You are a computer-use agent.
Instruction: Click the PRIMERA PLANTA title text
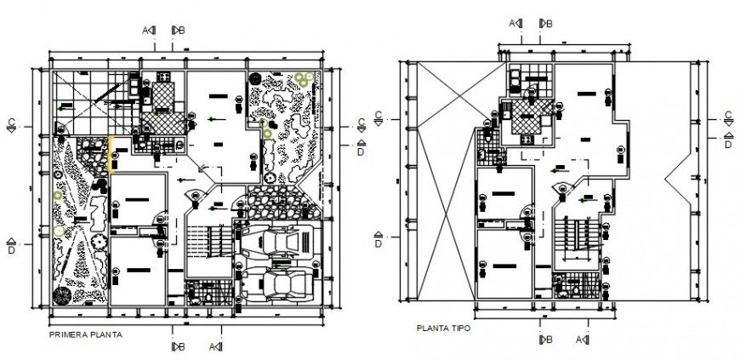[x=85, y=334]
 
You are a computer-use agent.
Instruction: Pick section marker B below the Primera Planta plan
[x=178, y=346]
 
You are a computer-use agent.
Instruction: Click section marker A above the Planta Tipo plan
[x=515, y=23]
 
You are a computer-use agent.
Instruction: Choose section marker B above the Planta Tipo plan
[x=545, y=23]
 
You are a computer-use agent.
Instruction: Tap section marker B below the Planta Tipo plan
[x=544, y=340]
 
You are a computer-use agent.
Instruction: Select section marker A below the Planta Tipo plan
[x=583, y=340]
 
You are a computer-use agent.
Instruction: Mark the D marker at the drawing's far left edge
[x=11, y=247]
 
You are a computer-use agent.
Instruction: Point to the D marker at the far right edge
[x=728, y=142]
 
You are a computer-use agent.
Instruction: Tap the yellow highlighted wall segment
[x=111, y=151]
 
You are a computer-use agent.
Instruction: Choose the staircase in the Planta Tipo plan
[x=573, y=234]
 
